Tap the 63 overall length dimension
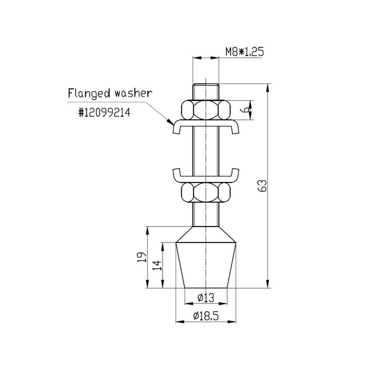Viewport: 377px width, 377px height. coord(264,186)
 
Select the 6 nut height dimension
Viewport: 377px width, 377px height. coord(245,110)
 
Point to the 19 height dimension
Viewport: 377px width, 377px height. coord(141,257)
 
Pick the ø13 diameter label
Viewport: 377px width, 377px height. coord(206,298)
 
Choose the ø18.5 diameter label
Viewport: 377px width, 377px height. coord(206,316)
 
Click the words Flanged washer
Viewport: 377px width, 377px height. coord(110,93)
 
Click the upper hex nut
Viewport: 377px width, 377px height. coord(206,110)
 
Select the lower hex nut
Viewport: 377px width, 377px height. coord(206,193)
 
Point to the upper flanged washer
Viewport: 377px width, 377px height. coord(206,126)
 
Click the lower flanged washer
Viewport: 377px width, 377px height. coord(206,176)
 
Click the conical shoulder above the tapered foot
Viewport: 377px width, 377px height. coord(206,234)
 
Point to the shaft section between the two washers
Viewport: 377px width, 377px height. coord(206,151)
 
